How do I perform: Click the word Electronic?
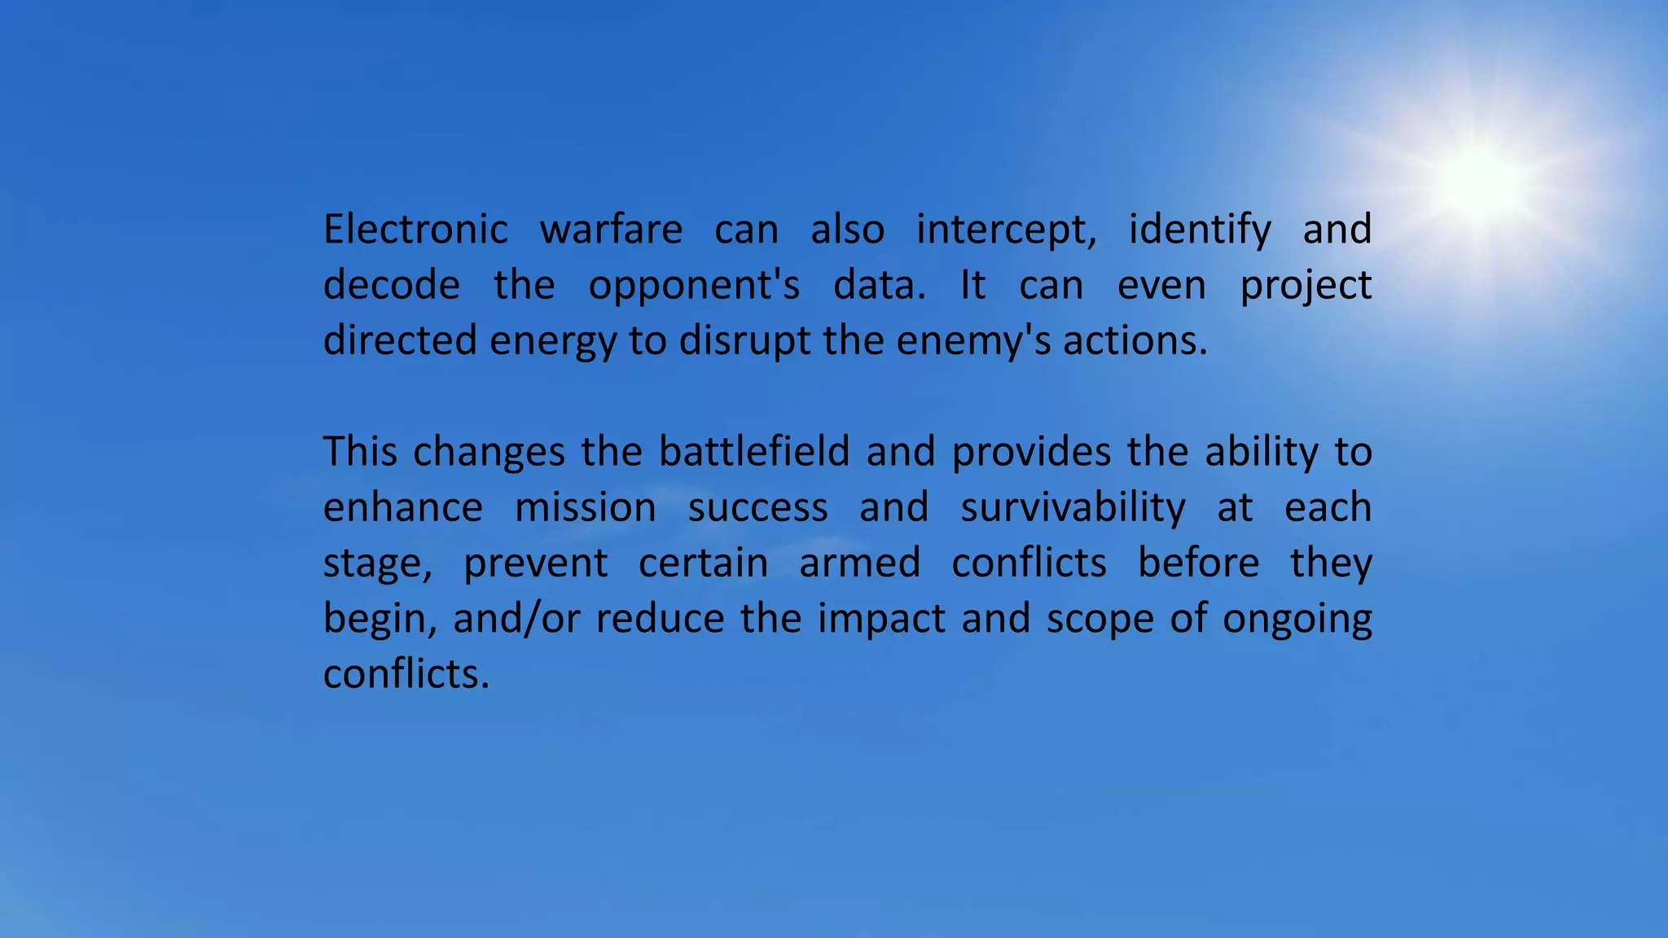[415, 229]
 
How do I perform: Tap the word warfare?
[611, 229]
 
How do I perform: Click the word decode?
[392, 285]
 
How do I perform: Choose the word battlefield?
[754, 451]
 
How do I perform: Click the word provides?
[1031, 453]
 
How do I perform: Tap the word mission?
[586, 507]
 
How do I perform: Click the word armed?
[859, 563]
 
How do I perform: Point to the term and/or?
[516, 619]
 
